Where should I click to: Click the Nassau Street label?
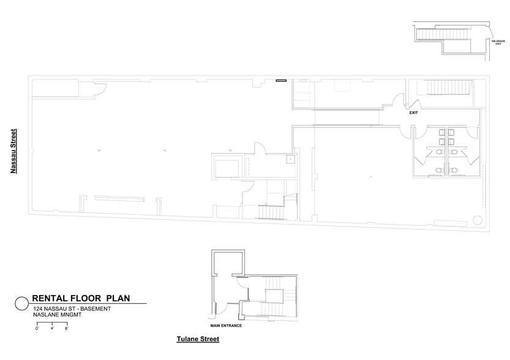click(12, 151)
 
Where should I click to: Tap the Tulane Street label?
click(197, 339)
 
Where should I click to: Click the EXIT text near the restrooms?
click(414, 113)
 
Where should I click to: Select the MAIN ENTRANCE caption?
click(226, 325)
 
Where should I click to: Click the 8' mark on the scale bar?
click(66, 329)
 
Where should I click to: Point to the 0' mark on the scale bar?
click(37, 329)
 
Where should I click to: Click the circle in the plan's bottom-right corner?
click(478, 220)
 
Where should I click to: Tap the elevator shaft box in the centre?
click(228, 166)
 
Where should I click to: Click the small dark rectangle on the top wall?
click(281, 80)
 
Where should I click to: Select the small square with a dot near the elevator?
click(291, 160)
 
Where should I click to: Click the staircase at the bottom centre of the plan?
click(270, 212)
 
